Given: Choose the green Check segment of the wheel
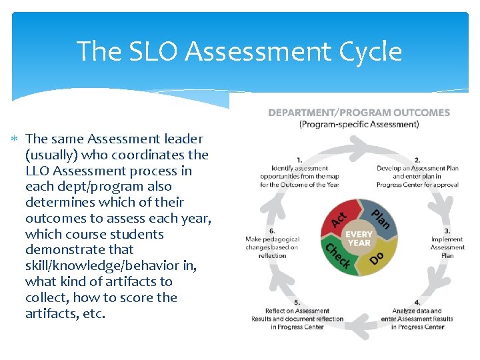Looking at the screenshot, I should coord(337,257).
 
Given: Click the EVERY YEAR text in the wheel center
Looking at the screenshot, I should coord(359,239).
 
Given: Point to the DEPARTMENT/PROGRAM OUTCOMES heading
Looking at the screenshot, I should coord(359,113).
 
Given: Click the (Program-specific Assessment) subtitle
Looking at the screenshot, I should coord(359,124).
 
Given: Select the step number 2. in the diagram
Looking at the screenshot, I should coord(417,159).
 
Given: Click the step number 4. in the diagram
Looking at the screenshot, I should coord(417,302).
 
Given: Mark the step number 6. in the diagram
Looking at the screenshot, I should coord(272,230).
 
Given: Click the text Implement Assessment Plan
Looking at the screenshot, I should coord(447,247).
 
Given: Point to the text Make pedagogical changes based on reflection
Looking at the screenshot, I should coord(272,247).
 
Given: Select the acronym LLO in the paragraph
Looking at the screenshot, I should coord(41,171).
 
